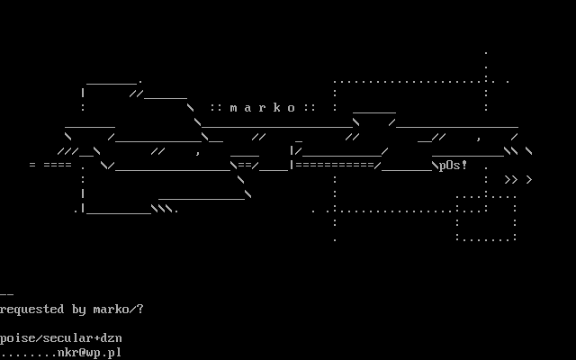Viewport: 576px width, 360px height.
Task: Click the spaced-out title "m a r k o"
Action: pyautogui.click(x=263, y=108)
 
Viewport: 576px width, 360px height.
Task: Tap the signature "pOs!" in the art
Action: pyautogui.click(x=454, y=166)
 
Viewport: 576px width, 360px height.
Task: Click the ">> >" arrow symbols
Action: pyautogui.click(x=518, y=180)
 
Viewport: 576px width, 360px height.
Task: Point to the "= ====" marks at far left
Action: pyautogui.click(x=50, y=166)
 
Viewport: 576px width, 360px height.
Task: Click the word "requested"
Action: pyautogui.click(x=32, y=310)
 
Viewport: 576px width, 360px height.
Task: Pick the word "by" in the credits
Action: pyautogui.click(x=79, y=310)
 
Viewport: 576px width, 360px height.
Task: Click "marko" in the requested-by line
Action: pyautogui.click(x=112, y=310)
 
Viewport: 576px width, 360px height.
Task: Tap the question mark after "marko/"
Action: pyautogui.click(x=140, y=310)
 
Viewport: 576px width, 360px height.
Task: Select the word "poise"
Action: pyautogui.click(x=18, y=338)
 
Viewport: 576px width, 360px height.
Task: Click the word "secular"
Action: pyautogui.click(x=68, y=338)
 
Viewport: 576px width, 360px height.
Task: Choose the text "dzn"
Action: pyautogui.click(x=112, y=338)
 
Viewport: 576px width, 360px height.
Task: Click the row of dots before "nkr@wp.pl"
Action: pyautogui.click(x=29, y=353)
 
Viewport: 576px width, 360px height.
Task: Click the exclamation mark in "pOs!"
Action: pyautogui.click(x=464, y=166)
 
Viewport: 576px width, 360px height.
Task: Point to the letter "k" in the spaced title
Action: pyautogui.click(x=277, y=108)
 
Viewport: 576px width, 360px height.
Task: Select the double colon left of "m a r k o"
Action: pyautogui.click(x=216, y=108)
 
